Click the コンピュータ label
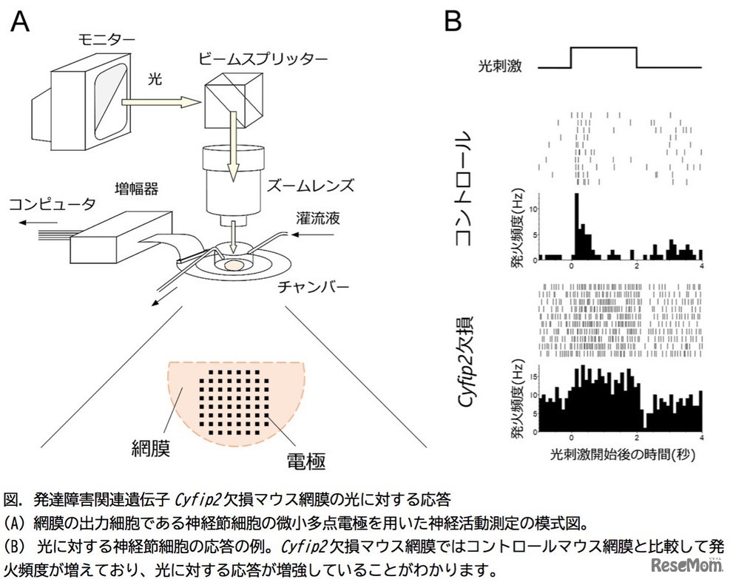coord(52,202)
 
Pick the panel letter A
coord(20,22)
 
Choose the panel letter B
coord(453,22)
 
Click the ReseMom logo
coord(686,567)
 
